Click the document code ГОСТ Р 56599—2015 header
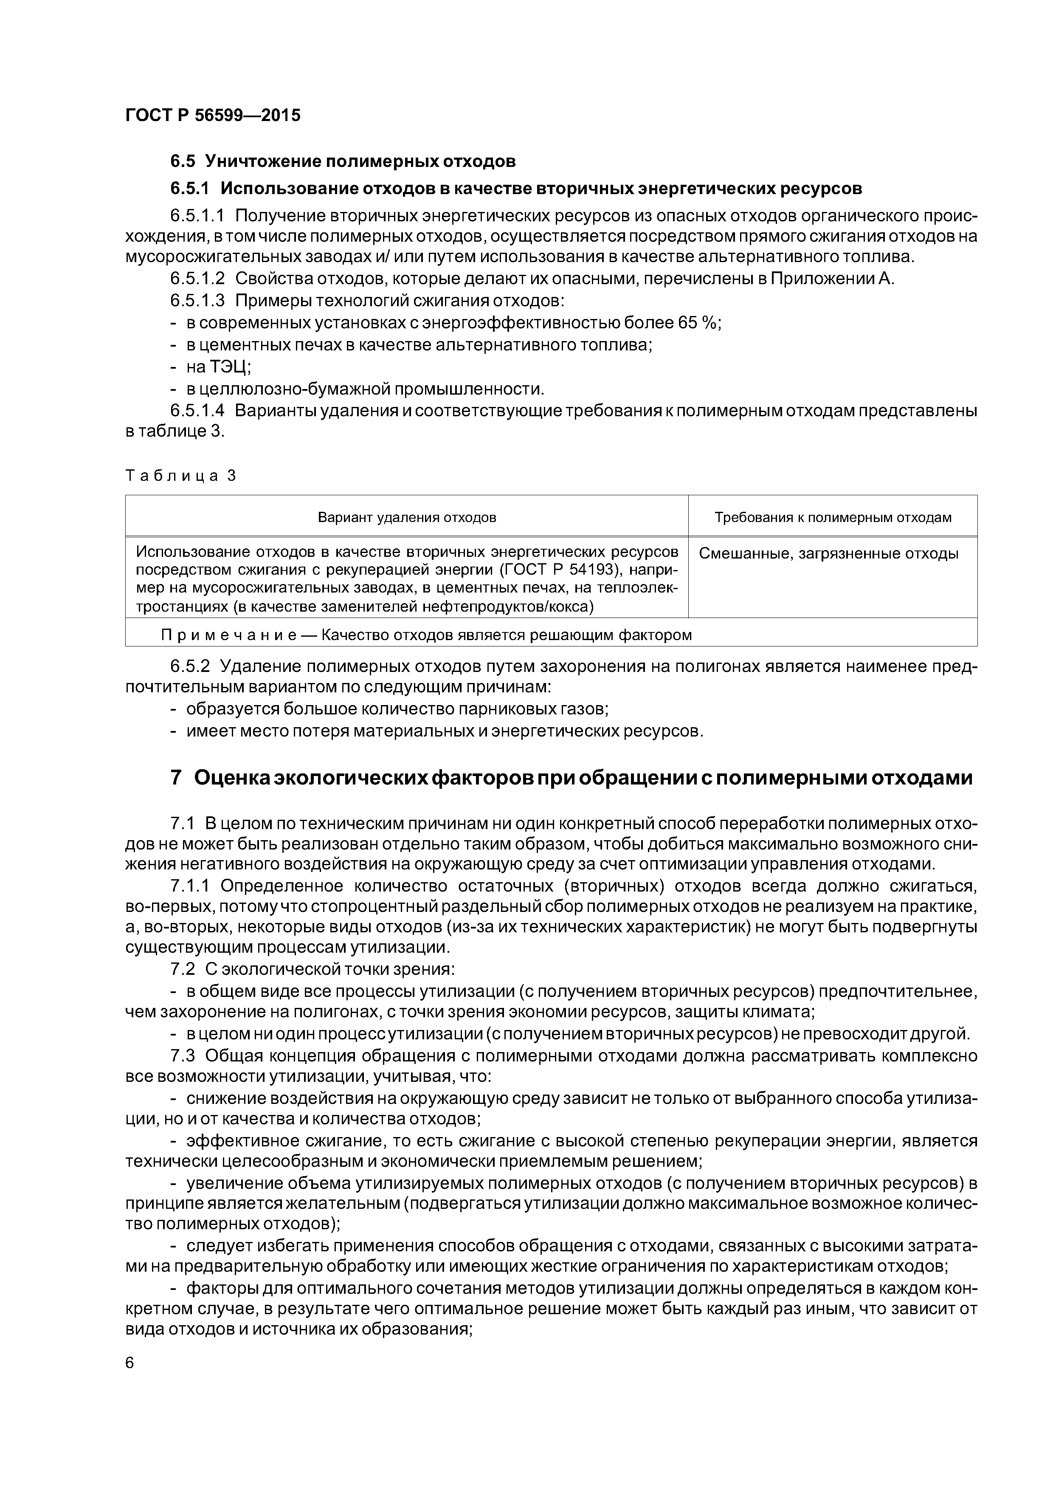[x=213, y=116]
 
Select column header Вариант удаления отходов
[x=407, y=517]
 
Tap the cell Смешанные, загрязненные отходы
[x=828, y=553]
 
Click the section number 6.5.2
[x=190, y=667]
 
